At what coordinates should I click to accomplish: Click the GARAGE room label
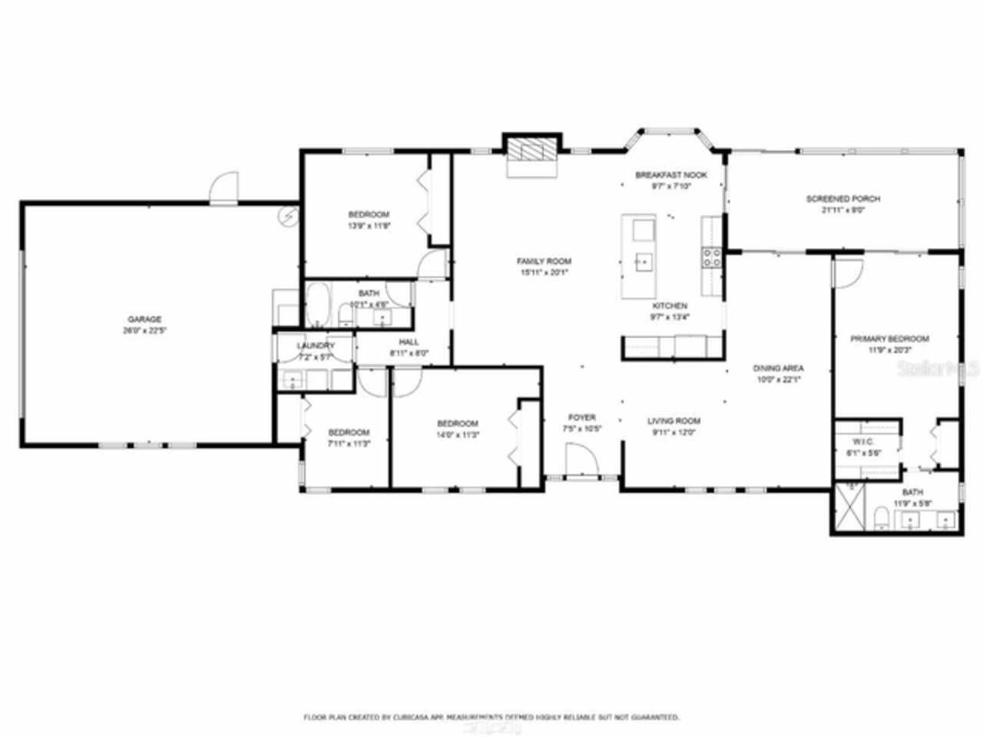144,319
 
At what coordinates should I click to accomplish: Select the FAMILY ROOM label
544,262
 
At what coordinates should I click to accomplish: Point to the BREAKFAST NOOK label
670,175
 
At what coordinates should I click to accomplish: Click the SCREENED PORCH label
842,199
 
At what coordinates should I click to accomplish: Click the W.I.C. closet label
859,442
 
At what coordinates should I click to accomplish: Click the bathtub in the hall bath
317,304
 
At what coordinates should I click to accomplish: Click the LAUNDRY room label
316,346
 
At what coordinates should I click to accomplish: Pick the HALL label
409,342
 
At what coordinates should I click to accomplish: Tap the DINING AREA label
778,368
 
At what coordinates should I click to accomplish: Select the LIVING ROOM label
674,421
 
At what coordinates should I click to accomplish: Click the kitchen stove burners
712,257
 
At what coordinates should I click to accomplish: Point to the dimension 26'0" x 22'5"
144,332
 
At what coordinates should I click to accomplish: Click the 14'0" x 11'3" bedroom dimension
458,435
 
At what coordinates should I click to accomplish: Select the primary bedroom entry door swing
848,273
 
